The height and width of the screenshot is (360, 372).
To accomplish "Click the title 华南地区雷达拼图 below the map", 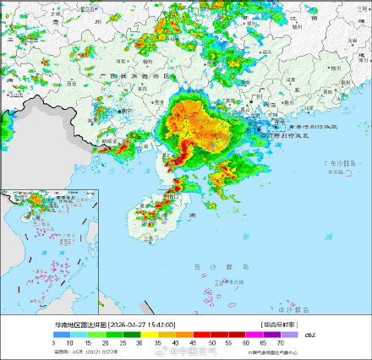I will pyautogui.click(x=81, y=324).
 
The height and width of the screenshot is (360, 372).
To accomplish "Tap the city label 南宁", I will pyautogui.click(x=128, y=110).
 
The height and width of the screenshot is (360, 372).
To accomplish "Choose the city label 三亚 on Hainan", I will pyautogui.click(x=149, y=240).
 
